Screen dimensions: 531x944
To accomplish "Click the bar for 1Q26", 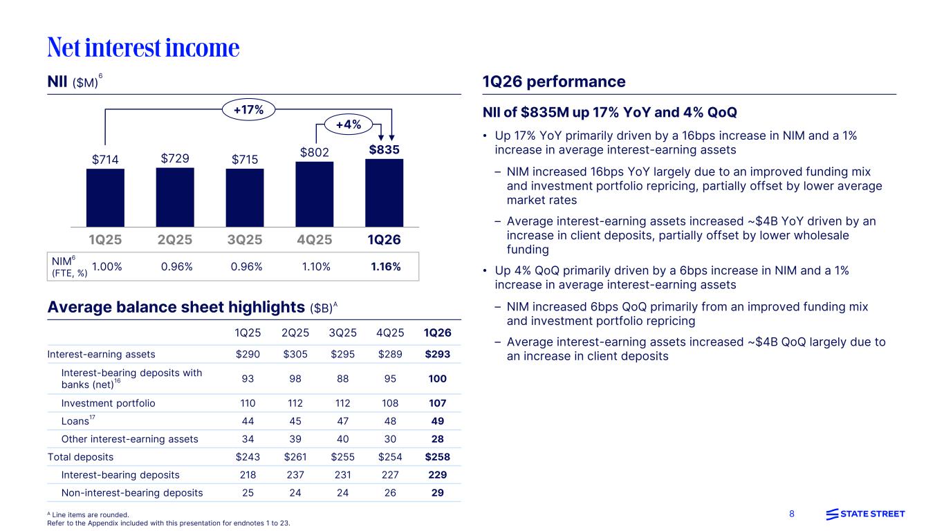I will pyautogui.click(x=384, y=194).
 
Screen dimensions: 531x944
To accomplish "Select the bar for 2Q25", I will pyautogui.click(x=175, y=198).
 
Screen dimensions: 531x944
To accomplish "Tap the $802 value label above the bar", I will pyautogui.click(x=314, y=151).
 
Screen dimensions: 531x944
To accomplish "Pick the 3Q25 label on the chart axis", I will pyautogui.click(x=245, y=240).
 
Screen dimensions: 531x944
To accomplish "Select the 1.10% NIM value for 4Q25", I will pyautogui.click(x=316, y=266).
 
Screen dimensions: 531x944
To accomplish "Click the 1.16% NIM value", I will pyautogui.click(x=385, y=266).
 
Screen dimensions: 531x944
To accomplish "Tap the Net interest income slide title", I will pyautogui.click(x=143, y=47).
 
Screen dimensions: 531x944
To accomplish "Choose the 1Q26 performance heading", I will pyautogui.click(x=553, y=82).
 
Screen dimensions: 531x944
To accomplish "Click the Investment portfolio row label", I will pyautogui.click(x=108, y=403).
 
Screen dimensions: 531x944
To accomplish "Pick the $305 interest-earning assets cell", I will pyautogui.click(x=295, y=354).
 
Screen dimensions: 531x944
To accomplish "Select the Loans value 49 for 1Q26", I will pyautogui.click(x=437, y=421).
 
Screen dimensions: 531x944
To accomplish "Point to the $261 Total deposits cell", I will pyautogui.click(x=295, y=456).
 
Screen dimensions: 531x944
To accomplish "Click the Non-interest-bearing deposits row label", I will pyautogui.click(x=132, y=493).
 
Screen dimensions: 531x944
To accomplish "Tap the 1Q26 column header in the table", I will pyautogui.click(x=437, y=333).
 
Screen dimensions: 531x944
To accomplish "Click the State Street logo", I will pyautogui.click(x=865, y=514).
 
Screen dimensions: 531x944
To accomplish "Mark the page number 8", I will pyautogui.click(x=792, y=514).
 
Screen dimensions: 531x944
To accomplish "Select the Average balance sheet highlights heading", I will pyautogui.click(x=176, y=307).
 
